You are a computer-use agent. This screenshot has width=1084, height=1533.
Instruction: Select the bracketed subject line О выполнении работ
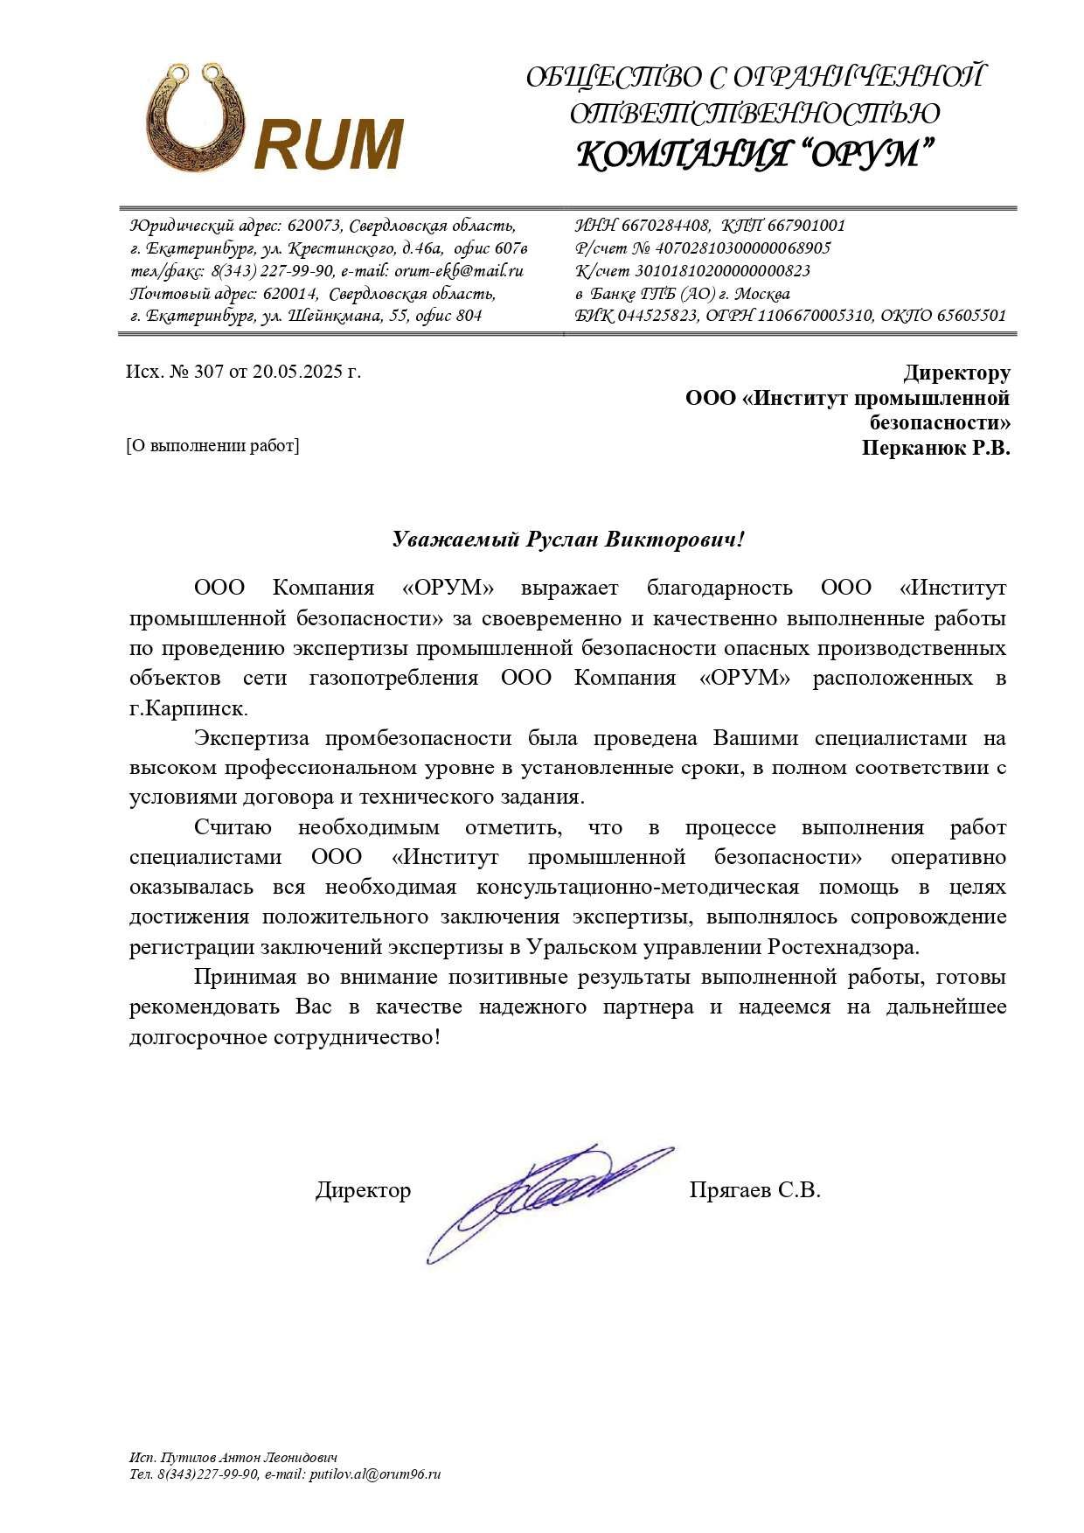click(x=212, y=445)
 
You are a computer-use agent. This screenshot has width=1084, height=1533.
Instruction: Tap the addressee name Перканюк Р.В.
click(x=935, y=449)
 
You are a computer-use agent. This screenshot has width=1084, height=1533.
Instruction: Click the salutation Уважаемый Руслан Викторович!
click(x=568, y=539)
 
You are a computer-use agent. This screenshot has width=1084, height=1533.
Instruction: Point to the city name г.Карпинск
click(x=188, y=707)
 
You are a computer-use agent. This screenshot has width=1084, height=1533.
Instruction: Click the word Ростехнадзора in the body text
click(x=844, y=946)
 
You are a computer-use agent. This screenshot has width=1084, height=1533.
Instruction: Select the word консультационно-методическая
click(x=637, y=887)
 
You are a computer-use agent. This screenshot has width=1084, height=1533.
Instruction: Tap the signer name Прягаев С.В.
click(x=754, y=1190)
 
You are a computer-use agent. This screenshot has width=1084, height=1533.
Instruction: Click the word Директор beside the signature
click(x=363, y=1190)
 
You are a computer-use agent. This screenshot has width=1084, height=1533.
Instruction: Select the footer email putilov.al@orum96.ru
click(x=375, y=1474)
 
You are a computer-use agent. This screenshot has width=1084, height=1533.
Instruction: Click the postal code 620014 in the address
click(x=289, y=293)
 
